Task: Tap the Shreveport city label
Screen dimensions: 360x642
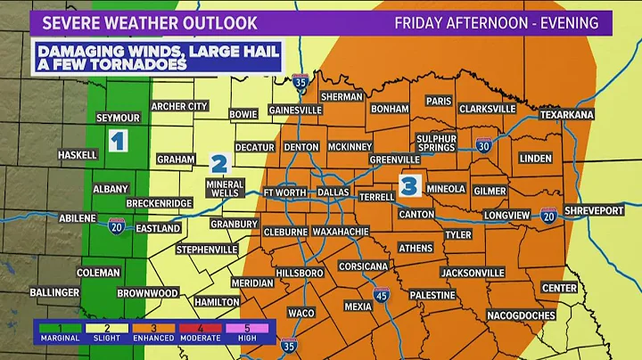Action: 593,210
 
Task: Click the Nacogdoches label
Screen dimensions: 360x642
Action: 522,315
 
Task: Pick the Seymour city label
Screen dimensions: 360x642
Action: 119,118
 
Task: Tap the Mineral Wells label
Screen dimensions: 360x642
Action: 224,188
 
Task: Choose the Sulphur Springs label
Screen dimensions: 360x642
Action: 437,143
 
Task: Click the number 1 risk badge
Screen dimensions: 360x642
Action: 118,139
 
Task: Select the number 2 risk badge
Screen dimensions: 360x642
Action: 219,163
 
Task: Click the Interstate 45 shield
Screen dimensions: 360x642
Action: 381,320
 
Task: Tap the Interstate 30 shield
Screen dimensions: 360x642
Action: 483,144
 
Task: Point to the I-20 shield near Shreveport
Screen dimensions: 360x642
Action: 548,214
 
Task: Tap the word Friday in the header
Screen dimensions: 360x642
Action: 422,22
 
